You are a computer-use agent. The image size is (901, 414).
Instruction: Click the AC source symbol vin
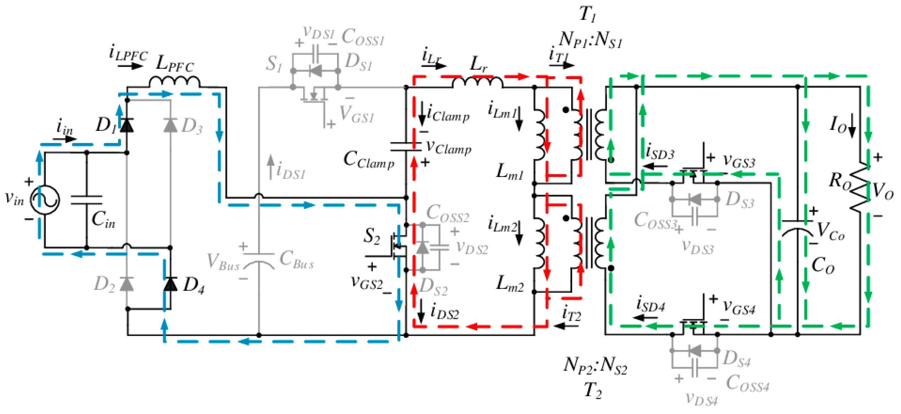(45, 200)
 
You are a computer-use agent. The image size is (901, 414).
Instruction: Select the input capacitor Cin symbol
(87, 200)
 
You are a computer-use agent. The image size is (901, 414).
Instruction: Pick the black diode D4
(171, 284)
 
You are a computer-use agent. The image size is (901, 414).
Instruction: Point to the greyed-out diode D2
(127, 284)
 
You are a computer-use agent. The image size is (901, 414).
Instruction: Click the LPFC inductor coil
(174, 82)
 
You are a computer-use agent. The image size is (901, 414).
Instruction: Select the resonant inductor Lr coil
(477, 82)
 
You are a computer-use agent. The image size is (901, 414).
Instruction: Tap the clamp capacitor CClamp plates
(406, 147)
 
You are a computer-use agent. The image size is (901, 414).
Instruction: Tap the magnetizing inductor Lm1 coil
(540, 135)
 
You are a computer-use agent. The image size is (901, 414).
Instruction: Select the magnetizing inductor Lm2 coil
(540, 243)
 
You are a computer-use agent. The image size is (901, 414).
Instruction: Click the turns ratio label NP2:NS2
(595, 365)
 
